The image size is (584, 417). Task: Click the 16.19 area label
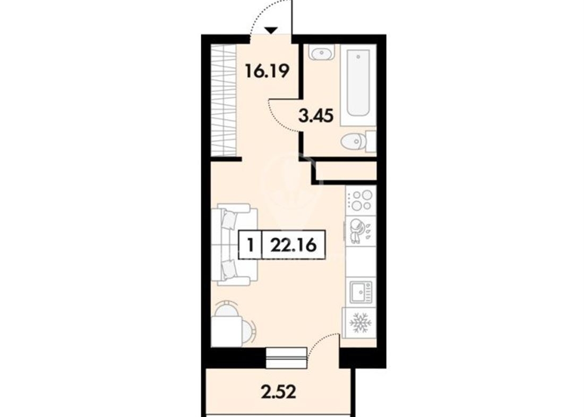tap(267, 71)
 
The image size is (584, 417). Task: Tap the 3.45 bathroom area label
tap(316, 116)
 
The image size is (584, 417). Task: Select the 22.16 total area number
tap(294, 245)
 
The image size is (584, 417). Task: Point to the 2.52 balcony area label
tap(279, 392)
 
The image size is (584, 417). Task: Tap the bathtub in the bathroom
tap(358, 83)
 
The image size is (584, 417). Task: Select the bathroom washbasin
tap(321, 53)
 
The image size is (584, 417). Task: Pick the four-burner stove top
tap(360, 200)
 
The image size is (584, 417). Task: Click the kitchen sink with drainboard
tap(360, 292)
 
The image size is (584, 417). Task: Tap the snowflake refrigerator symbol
tap(360, 322)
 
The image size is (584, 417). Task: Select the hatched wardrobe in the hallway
tap(224, 100)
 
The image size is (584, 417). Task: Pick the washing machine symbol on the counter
tap(360, 231)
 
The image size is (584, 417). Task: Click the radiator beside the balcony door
tap(287, 358)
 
